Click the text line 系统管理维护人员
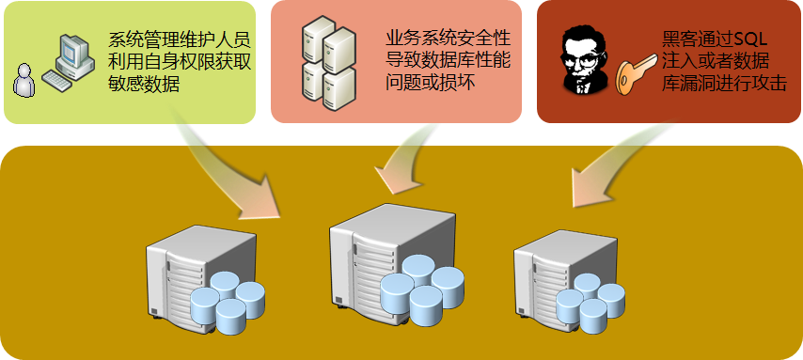click(x=180, y=40)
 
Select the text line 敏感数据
click(x=144, y=84)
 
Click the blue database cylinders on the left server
click(x=227, y=301)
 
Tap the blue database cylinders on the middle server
click(x=422, y=287)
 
